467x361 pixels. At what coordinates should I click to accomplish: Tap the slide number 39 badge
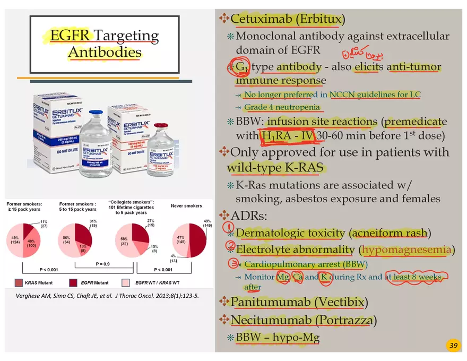(x=453, y=346)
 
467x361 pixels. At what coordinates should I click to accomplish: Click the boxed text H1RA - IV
(x=288, y=136)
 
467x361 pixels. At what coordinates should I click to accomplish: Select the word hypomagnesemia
(x=407, y=250)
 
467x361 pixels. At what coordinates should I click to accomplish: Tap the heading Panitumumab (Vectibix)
(x=299, y=302)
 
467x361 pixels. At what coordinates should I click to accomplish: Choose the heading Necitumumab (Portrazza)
(x=304, y=320)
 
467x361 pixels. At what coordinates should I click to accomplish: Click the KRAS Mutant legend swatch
(x=19, y=283)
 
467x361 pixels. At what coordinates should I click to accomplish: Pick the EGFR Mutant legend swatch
(x=74, y=283)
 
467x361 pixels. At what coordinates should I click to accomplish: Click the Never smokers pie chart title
(x=186, y=205)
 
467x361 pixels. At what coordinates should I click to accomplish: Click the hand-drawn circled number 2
(x=230, y=246)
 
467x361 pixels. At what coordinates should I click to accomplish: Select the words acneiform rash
(x=390, y=233)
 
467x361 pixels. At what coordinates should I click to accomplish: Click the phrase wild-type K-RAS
(x=275, y=168)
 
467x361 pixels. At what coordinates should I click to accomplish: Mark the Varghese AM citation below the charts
(x=108, y=296)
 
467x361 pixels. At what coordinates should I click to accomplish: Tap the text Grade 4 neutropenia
(x=282, y=107)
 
